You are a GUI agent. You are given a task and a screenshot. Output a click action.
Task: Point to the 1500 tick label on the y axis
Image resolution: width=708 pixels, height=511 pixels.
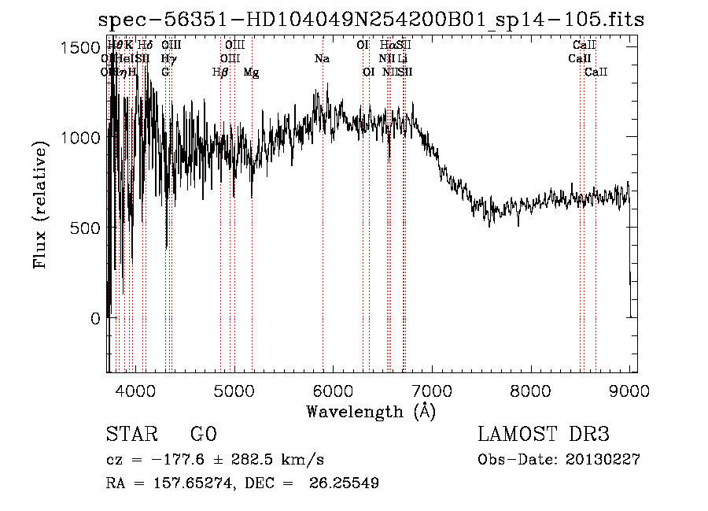[x=81, y=47]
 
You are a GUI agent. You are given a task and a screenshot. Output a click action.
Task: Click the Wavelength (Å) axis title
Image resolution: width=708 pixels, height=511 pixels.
[x=371, y=411]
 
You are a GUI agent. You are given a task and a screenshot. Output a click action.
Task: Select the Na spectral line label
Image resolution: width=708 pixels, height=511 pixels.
[x=322, y=58]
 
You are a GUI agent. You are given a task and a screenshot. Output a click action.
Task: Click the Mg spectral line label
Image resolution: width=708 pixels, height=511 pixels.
[x=251, y=72]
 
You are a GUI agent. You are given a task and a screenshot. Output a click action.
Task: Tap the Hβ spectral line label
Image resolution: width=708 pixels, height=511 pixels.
[x=220, y=72]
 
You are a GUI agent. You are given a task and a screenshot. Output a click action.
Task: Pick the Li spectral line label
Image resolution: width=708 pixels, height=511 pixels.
[x=402, y=58]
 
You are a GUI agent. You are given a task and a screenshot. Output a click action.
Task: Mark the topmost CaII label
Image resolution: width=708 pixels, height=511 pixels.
[x=584, y=45]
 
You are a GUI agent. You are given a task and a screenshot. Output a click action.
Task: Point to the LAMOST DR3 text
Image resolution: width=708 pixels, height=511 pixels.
[x=544, y=435]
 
